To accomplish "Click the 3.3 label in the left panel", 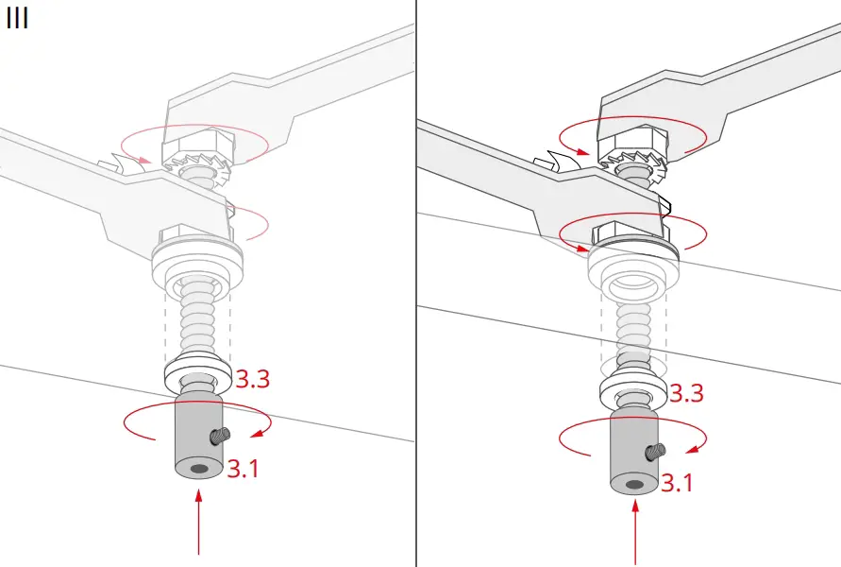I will pyautogui.click(x=253, y=380).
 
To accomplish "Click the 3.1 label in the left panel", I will pyautogui.click(x=243, y=467).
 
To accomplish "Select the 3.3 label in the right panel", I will pyautogui.click(x=685, y=393).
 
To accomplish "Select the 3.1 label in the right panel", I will pyautogui.click(x=676, y=483).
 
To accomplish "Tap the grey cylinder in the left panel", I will pyautogui.click(x=195, y=439).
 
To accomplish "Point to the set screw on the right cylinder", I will pyautogui.click(x=653, y=452).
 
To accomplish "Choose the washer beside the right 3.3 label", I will pyautogui.click(x=632, y=389).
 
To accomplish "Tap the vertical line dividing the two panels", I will pyautogui.click(x=416, y=283).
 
